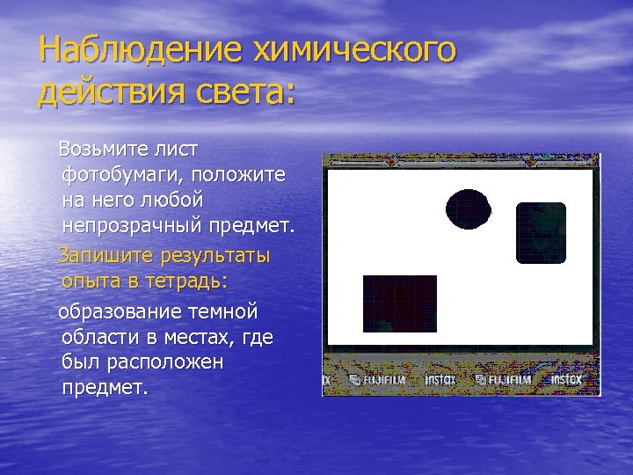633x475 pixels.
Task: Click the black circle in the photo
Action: tap(468, 209)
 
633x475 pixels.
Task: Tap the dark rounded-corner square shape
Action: tap(541, 232)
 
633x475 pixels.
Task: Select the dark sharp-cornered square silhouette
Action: tap(400, 303)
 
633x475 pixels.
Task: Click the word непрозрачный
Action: tap(132, 228)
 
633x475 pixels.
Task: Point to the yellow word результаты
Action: tap(215, 255)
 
